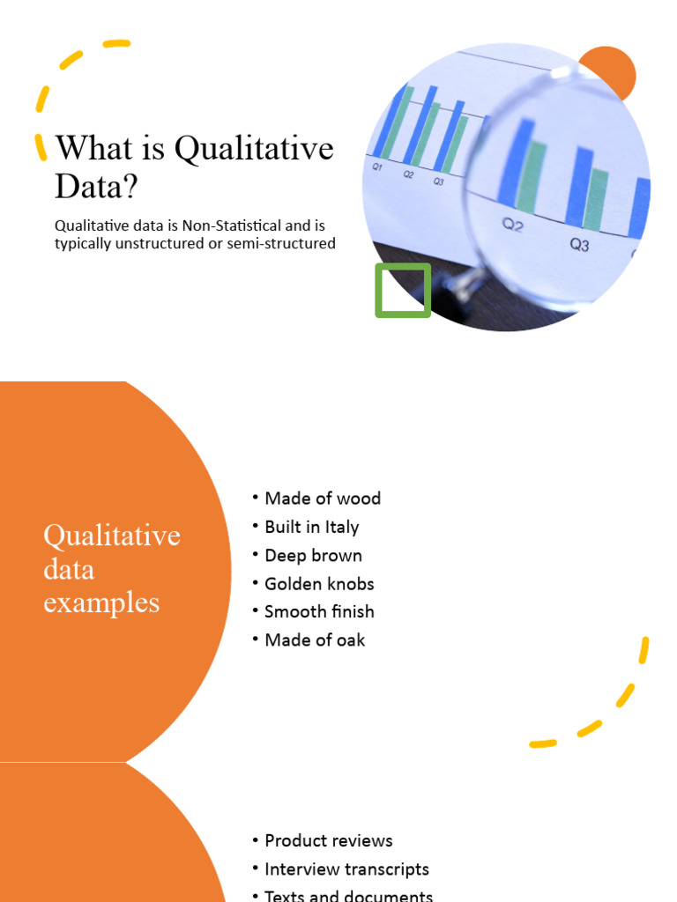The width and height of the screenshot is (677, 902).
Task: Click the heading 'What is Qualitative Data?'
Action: [194, 166]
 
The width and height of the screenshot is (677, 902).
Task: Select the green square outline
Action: [403, 290]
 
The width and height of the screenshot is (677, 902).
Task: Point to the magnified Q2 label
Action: [513, 225]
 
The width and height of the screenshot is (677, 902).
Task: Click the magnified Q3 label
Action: [579, 245]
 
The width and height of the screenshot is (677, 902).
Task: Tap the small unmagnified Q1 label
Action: [377, 166]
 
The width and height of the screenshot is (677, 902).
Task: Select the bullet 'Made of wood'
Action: [323, 499]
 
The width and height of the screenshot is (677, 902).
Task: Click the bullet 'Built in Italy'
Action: [311, 527]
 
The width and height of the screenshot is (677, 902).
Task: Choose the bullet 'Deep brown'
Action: [313, 555]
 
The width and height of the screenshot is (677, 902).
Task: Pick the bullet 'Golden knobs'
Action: [319, 583]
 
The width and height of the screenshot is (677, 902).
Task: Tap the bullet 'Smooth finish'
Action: [319, 611]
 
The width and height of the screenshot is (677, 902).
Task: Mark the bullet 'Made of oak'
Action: [315, 640]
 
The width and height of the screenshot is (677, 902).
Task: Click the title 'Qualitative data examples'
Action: [111, 569]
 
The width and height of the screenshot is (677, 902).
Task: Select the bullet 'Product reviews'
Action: [328, 840]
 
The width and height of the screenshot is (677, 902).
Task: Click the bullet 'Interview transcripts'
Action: [346, 869]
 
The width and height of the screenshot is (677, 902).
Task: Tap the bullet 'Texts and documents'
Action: [348, 896]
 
